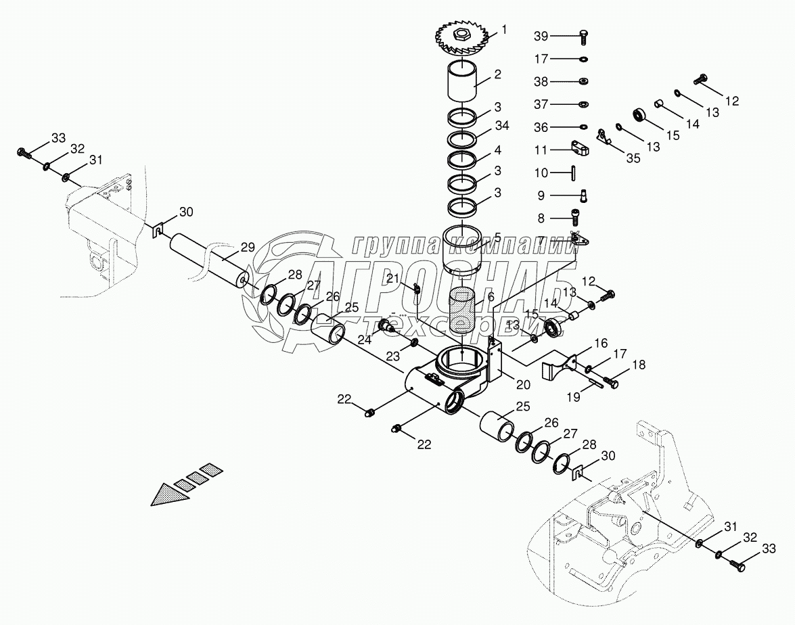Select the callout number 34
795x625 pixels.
[x=501, y=126]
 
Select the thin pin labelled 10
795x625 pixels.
[x=573, y=172]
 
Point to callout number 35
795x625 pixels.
[x=633, y=158]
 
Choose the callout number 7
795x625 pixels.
[x=541, y=240]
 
